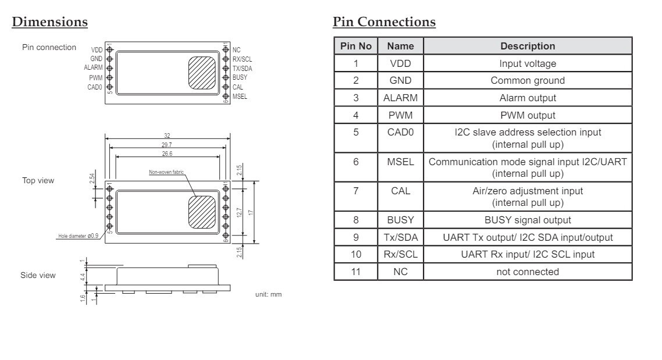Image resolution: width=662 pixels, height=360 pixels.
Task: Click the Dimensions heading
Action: [50, 22]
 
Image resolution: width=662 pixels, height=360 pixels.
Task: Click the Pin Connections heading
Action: [384, 22]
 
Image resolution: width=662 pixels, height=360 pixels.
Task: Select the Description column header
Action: [528, 46]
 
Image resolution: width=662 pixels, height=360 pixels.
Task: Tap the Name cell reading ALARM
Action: [400, 98]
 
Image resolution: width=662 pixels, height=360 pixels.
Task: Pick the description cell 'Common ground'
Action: [528, 81]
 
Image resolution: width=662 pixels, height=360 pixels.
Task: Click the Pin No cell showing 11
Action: [356, 272]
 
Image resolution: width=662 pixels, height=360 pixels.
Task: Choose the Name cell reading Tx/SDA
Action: [401, 238]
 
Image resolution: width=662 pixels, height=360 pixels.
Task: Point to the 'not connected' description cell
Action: [528, 272]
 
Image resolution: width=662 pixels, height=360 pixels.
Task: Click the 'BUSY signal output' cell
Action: [528, 220]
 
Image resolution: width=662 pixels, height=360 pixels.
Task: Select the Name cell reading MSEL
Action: [400, 162]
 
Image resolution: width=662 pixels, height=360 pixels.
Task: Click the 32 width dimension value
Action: [167, 136]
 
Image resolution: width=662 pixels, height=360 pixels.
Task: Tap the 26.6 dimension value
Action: [167, 154]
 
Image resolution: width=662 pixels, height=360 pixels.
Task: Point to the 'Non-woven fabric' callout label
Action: [166, 172]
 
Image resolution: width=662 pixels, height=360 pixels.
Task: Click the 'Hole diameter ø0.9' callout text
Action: [78, 236]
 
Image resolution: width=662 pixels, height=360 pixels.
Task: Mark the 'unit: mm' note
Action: [269, 294]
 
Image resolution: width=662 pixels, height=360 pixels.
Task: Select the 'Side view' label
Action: [38, 275]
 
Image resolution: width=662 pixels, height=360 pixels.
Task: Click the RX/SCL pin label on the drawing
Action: [243, 59]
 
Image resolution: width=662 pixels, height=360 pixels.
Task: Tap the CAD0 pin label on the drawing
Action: [95, 87]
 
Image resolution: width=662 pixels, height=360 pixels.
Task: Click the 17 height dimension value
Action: [251, 213]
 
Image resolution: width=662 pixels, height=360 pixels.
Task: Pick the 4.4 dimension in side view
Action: [83, 277]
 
